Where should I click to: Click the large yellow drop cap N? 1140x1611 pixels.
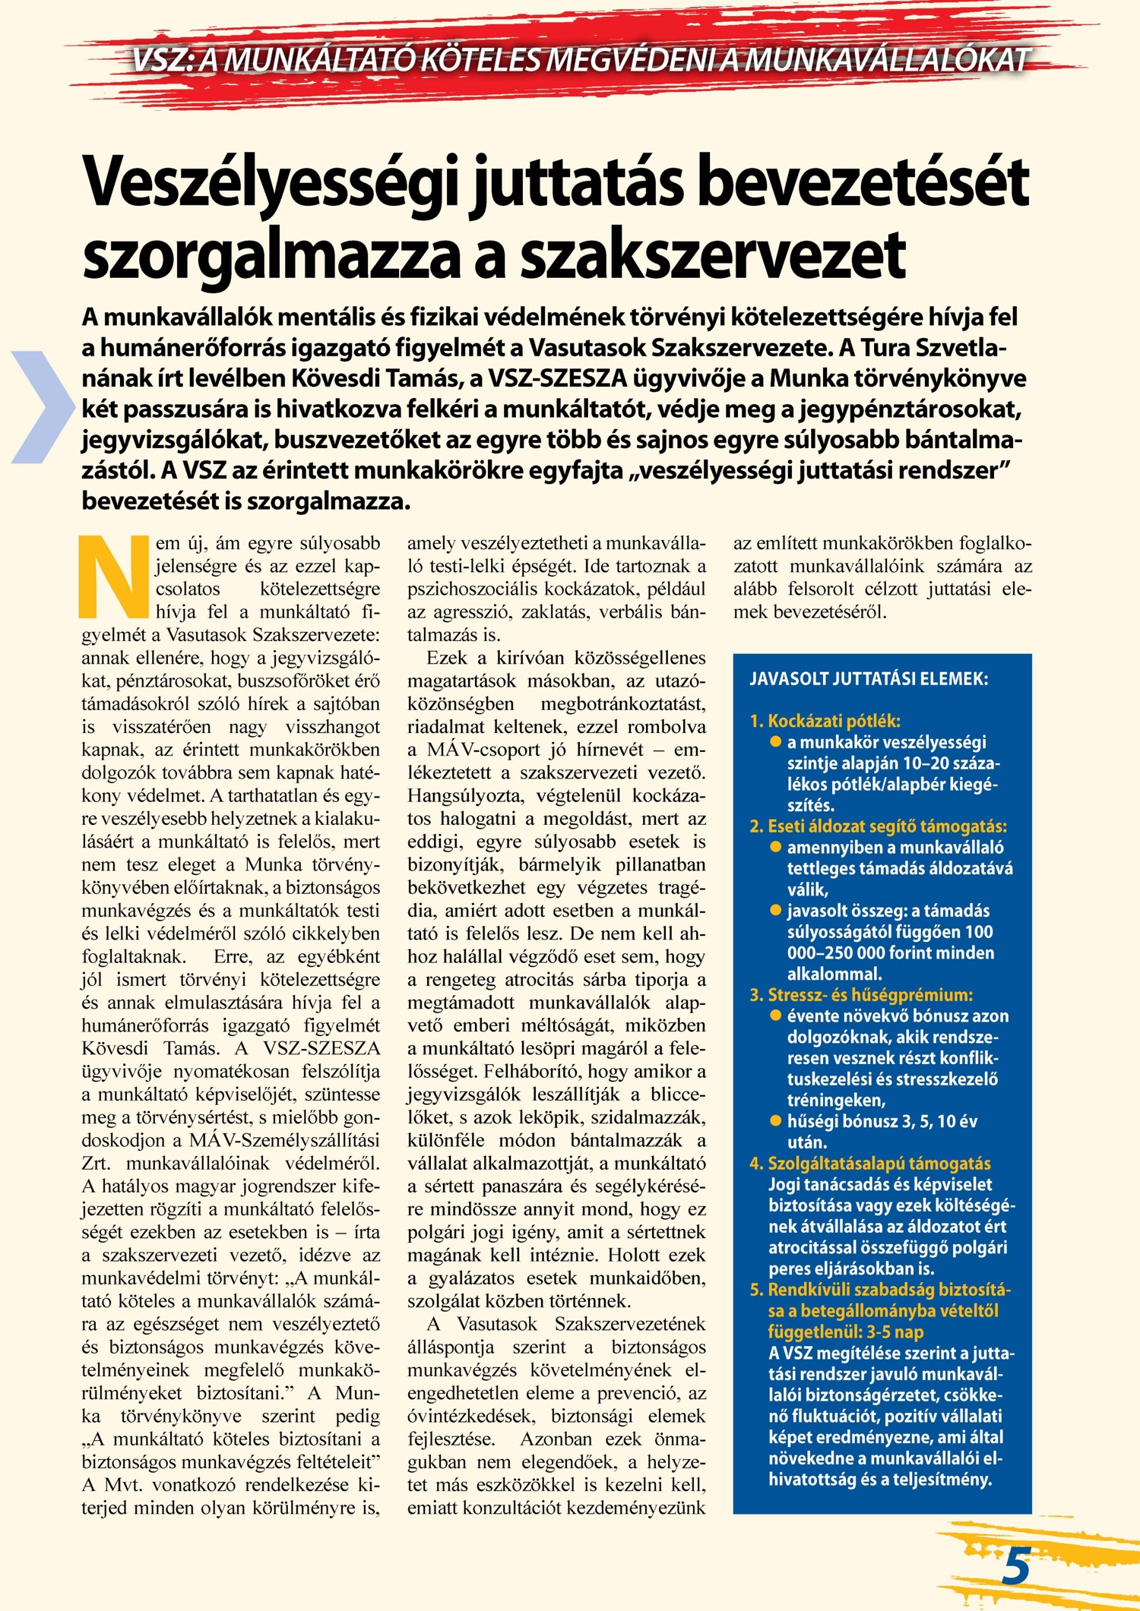[x=114, y=576]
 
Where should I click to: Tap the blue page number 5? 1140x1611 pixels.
[x=1016, y=1565]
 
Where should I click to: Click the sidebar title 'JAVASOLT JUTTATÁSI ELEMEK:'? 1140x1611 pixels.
[x=869, y=678]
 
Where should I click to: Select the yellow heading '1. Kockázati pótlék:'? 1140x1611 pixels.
[x=825, y=720]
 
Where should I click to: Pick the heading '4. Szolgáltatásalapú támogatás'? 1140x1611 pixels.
[x=869, y=1163]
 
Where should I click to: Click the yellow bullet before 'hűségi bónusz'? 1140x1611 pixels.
[x=775, y=1120]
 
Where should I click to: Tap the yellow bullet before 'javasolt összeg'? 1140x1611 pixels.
[x=775, y=910]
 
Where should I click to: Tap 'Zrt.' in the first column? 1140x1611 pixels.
[x=97, y=1163]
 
